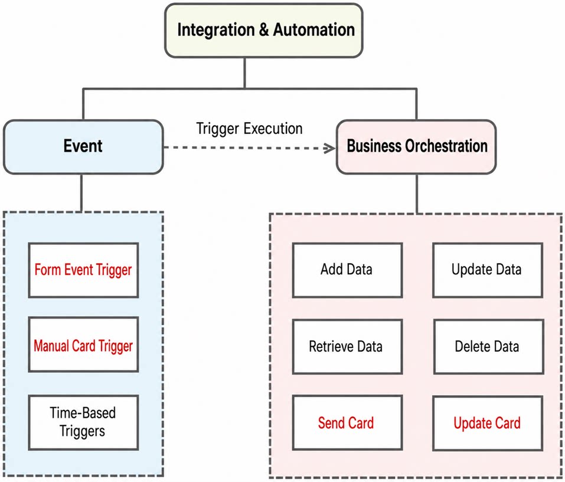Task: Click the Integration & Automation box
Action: point(264,30)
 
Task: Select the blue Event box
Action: point(83,147)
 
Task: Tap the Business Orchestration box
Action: point(416,147)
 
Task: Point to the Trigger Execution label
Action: point(249,129)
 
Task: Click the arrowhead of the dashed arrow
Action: point(330,148)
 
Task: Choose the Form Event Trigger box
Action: point(83,270)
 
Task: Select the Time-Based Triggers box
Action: point(83,422)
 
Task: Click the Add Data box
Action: point(347,270)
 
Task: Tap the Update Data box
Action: point(488,270)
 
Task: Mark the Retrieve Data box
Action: point(347,347)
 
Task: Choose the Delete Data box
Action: point(488,347)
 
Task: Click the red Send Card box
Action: point(347,422)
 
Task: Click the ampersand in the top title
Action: point(264,29)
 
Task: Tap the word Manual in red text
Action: point(51,346)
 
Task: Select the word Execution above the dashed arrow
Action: point(273,129)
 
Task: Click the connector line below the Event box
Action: point(81,193)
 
